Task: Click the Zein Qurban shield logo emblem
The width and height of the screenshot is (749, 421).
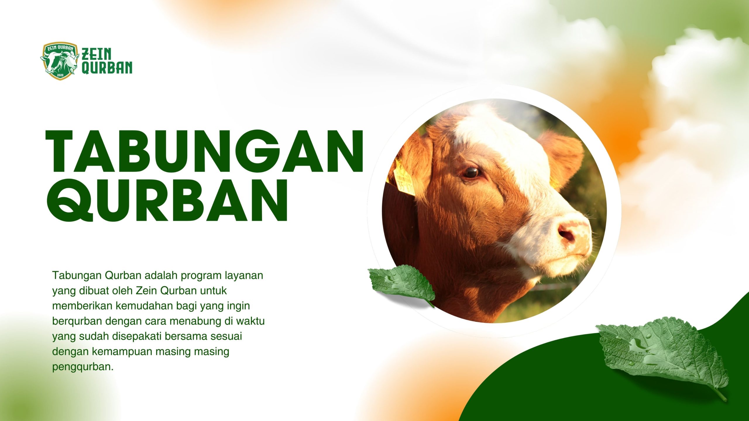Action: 60,61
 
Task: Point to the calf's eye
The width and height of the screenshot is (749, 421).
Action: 471,172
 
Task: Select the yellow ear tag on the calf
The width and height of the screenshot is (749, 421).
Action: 404,178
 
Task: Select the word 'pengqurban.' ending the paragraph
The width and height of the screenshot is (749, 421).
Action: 83,367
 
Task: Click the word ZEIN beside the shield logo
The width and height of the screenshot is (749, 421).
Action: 97,54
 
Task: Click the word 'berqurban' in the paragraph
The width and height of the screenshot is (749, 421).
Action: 77,321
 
